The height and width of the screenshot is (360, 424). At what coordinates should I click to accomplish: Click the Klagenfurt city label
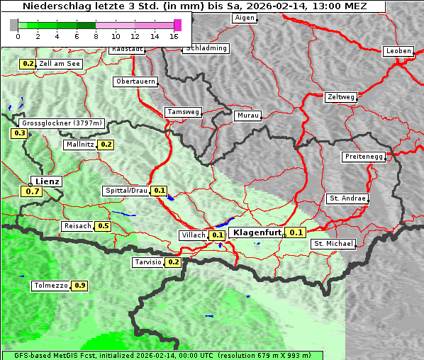[x=257, y=232]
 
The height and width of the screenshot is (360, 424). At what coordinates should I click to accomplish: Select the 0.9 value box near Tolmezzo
[x=80, y=286]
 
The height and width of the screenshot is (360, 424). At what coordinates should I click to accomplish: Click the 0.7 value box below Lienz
[x=33, y=191]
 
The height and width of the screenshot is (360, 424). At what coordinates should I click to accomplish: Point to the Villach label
[x=194, y=235]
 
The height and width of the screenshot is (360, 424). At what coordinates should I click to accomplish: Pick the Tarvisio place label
[x=148, y=262]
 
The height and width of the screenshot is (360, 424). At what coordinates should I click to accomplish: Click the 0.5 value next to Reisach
[x=104, y=226]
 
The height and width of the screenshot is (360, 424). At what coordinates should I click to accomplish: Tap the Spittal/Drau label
[x=126, y=191]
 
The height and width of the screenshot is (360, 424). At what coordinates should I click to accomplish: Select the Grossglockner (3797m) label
[x=63, y=123]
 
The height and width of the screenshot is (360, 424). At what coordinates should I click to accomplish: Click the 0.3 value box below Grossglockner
[x=20, y=133]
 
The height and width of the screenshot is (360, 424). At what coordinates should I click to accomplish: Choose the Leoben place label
[x=398, y=51]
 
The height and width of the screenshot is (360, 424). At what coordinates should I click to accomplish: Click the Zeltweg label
[x=340, y=96]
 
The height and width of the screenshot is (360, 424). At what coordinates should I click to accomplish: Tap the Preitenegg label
[x=363, y=157]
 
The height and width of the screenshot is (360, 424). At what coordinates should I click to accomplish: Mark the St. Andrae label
[x=347, y=198]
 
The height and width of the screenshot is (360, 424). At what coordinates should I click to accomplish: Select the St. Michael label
[x=333, y=244]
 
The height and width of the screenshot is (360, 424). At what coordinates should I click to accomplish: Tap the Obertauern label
[x=135, y=81]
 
